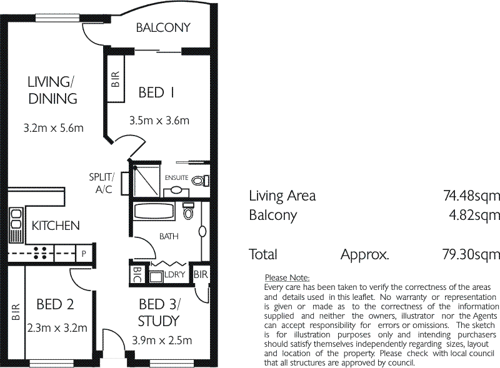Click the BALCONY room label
(163, 27)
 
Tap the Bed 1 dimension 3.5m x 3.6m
(159, 121)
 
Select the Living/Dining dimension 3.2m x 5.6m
(54, 128)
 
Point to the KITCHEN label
(56, 226)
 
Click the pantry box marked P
(84, 254)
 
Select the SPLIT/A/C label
(102, 183)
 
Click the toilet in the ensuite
(200, 181)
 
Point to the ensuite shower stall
(146, 181)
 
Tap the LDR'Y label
(175, 274)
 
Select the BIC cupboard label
(136, 274)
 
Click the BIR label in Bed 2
(16, 312)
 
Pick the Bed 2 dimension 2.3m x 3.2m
(57, 328)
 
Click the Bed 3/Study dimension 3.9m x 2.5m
(162, 341)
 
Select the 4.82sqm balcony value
(474, 216)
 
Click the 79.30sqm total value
(471, 254)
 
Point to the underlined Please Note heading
(287, 278)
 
